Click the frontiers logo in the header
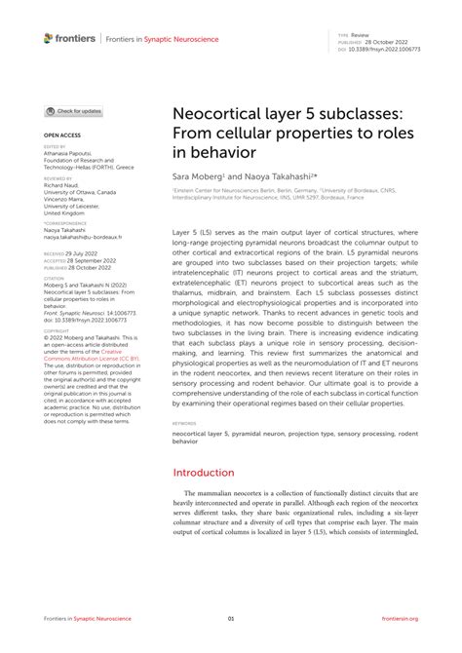pyautogui.click(x=69, y=38)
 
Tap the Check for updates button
pyautogui.click(x=74, y=111)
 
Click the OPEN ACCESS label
pyautogui.click(x=60, y=135)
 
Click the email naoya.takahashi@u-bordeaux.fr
pyautogui.click(x=83, y=236)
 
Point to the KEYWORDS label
pyautogui.click(x=184, y=425)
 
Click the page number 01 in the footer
pyautogui.click(x=231, y=618)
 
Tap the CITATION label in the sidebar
pyautogui.click(x=55, y=278)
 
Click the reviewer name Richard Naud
pyautogui.click(x=63, y=186)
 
